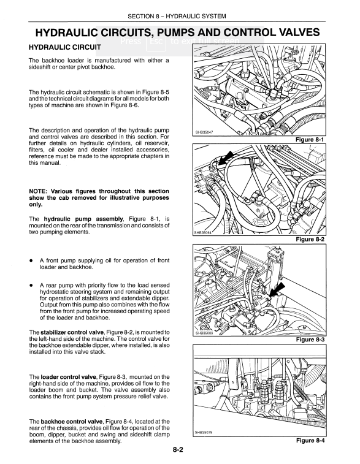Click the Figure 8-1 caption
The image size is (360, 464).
click(x=310, y=139)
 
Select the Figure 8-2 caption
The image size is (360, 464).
click(x=310, y=239)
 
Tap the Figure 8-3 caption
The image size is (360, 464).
click(x=310, y=340)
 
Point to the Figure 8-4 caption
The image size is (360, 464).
click(x=310, y=440)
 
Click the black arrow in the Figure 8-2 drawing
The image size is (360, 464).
click(x=226, y=158)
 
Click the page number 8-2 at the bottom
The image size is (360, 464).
click(x=178, y=450)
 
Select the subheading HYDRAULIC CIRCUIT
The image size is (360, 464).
click(x=65, y=47)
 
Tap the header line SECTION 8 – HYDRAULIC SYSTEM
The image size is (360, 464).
click(x=177, y=17)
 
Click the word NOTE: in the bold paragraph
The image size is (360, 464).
click(x=38, y=191)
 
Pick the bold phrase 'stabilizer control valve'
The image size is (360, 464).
click(x=72, y=332)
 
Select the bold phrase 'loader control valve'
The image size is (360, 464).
click(x=69, y=377)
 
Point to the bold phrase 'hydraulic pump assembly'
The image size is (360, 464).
click(x=83, y=219)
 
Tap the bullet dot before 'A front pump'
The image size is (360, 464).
click(x=31, y=261)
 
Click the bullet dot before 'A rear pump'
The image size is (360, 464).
click(x=31, y=286)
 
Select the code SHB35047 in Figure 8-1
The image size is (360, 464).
click(x=204, y=132)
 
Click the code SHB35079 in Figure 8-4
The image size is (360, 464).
click(x=204, y=432)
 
